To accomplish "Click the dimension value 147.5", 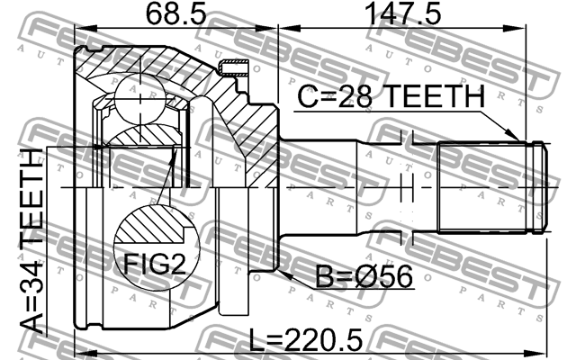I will [397, 14].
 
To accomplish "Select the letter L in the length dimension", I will [255, 341].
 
